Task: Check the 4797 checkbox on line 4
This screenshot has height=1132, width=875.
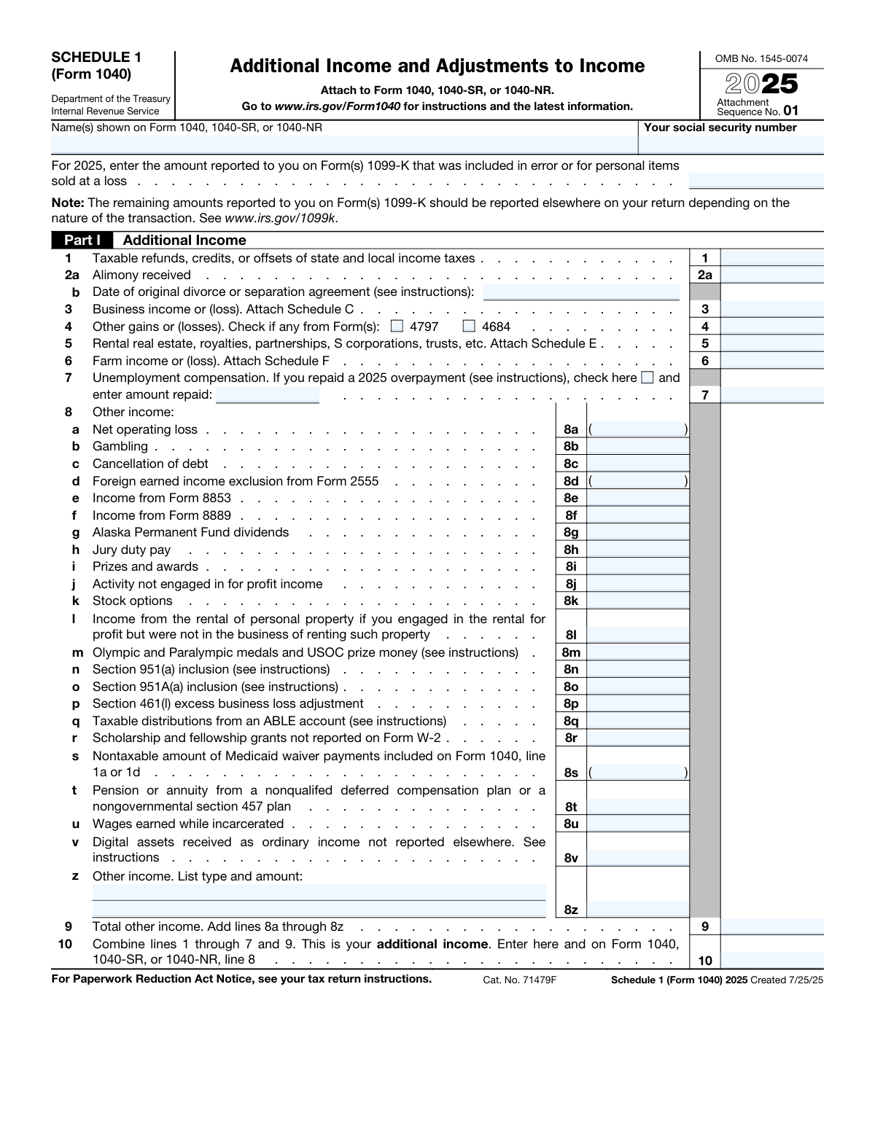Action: click(x=397, y=326)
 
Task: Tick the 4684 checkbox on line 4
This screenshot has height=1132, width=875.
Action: click(x=469, y=326)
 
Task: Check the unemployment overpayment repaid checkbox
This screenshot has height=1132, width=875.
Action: click(x=647, y=378)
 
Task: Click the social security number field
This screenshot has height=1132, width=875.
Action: click(x=732, y=144)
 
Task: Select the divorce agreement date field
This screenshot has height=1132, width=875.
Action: click(x=581, y=292)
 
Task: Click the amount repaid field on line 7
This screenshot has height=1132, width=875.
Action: click(x=268, y=395)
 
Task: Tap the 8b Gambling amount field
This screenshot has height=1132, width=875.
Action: click(x=637, y=446)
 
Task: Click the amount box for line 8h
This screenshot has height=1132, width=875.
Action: click(x=637, y=550)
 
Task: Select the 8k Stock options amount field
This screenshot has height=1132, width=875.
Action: click(x=637, y=601)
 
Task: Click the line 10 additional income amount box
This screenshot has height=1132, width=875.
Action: click(x=771, y=960)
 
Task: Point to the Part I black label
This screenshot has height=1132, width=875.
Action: click(x=81, y=240)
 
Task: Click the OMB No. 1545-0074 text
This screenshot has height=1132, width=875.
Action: click(x=761, y=59)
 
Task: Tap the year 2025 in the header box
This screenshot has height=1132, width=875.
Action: click(x=761, y=85)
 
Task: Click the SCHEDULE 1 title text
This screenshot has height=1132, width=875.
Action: click(x=96, y=57)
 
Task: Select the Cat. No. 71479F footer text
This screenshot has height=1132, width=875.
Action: click(x=519, y=980)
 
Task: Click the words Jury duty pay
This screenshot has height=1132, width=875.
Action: click(x=131, y=550)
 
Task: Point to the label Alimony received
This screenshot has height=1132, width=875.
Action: click(x=141, y=275)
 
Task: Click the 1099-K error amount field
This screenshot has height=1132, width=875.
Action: click(x=755, y=181)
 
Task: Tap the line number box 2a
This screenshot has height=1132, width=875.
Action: click(x=704, y=275)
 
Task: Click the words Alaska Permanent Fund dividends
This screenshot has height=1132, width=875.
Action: click(x=190, y=532)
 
